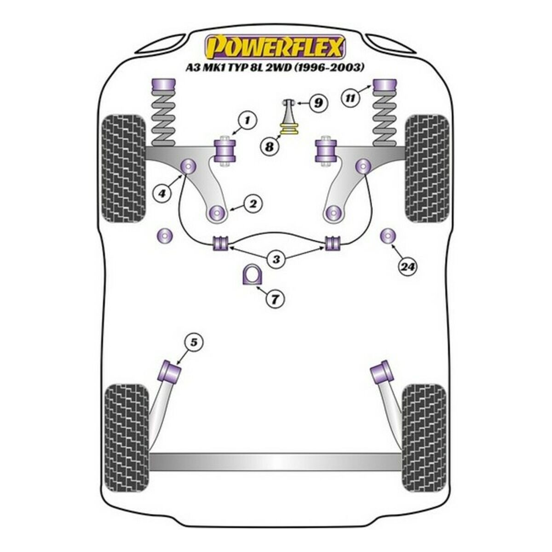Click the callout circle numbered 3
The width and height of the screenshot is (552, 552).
click(x=276, y=259)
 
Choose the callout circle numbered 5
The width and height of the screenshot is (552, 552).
click(x=193, y=342)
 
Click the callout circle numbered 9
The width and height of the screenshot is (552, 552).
click(x=317, y=103)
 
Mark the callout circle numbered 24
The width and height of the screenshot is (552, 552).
click(x=407, y=266)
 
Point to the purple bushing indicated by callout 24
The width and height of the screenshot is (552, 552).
click(x=388, y=236)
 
